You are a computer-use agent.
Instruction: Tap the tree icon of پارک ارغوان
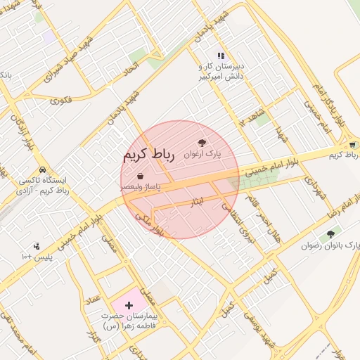(202, 143)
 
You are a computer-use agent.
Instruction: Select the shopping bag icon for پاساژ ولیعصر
(140, 175)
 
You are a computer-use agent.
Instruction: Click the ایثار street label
(197, 202)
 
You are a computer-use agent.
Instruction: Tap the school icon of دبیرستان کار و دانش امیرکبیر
(221, 56)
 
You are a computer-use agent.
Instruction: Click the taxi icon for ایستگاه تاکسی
(43, 170)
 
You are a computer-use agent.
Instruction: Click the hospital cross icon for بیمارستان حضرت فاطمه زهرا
(129, 306)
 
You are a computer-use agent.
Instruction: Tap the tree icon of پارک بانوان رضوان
(330, 234)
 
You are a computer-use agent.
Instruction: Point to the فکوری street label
(61, 101)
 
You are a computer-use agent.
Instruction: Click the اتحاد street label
(131, 68)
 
